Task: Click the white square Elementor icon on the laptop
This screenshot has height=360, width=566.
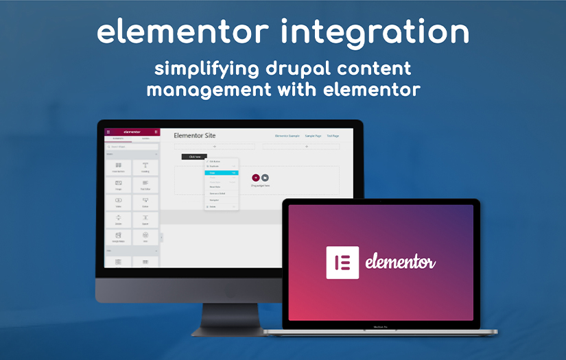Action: point(342,263)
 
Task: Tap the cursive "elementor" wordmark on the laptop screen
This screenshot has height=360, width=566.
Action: point(401,263)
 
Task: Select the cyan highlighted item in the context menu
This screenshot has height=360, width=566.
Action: point(221,173)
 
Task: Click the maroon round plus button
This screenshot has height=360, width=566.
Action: point(256,178)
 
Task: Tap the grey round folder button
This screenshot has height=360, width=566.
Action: point(265,178)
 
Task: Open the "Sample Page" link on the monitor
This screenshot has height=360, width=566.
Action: point(313,136)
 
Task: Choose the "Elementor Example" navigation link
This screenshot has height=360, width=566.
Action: point(287,136)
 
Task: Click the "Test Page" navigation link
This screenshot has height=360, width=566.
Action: point(333,136)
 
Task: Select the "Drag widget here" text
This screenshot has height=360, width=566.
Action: point(261,185)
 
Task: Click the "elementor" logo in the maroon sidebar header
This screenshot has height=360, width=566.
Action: point(132,132)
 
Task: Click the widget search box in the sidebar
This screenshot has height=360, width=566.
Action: point(132,147)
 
